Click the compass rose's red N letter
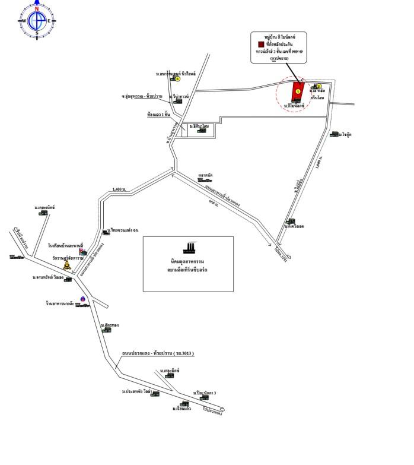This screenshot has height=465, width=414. (37, 9)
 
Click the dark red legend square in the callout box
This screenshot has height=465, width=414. (261, 45)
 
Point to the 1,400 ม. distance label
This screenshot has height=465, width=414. (119, 189)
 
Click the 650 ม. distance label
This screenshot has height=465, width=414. (213, 203)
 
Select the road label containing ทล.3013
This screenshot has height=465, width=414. (158, 353)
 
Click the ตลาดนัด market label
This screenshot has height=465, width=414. (205, 175)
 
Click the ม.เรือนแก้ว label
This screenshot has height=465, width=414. (181, 409)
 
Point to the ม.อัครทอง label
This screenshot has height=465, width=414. (110, 325)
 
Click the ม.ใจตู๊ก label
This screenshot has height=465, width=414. (346, 135)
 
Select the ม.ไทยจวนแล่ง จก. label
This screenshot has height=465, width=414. (123, 230)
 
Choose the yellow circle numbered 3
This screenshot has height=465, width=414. (177, 78)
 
